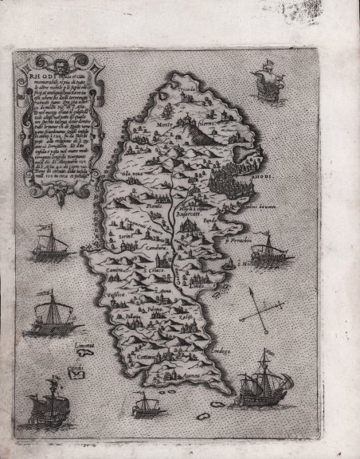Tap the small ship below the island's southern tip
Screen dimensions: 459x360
click(x=146, y=406)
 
